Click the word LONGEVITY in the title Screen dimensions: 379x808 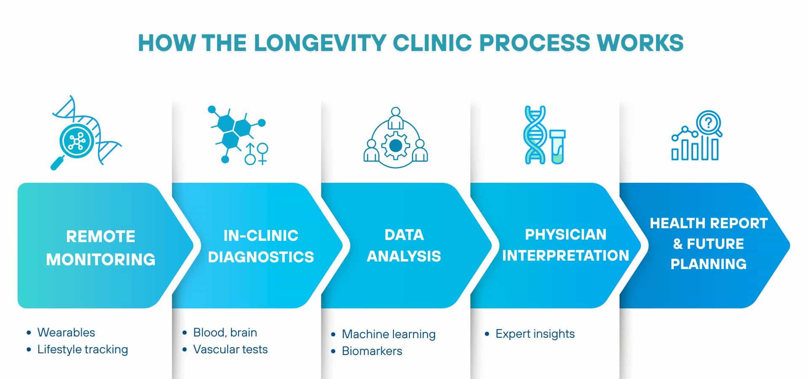pyautogui.click(x=320, y=43)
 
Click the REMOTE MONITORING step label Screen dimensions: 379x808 pyautogui.click(x=101, y=248)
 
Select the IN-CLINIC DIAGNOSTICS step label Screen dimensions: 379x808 pyautogui.click(x=261, y=246)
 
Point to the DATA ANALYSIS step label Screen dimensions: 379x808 pyautogui.click(x=404, y=246)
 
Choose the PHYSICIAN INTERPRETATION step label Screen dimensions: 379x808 pyautogui.click(x=566, y=245)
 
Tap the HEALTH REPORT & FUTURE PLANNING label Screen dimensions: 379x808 pyautogui.click(x=709, y=243)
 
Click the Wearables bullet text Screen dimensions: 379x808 pyautogui.click(x=66, y=332)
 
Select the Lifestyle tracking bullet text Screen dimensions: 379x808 pyautogui.click(x=82, y=349)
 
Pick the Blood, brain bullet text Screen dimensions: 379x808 pyautogui.click(x=225, y=332)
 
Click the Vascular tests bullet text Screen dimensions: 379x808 pyautogui.click(x=230, y=349)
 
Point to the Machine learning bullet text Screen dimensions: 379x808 pyautogui.click(x=388, y=334)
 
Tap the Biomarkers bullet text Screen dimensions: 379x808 pyautogui.click(x=372, y=351)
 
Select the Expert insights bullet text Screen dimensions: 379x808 pyautogui.click(x=535, y=334)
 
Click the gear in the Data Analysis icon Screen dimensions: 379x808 pyautogui.click(x=395, y=146)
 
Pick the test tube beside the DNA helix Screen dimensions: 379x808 pyautogui.click(x=557, y=147)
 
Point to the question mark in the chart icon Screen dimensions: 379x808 pyautogui.click(x=709, y=123)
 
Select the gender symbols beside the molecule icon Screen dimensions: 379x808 pyautogui.click(x=257, y=154)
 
